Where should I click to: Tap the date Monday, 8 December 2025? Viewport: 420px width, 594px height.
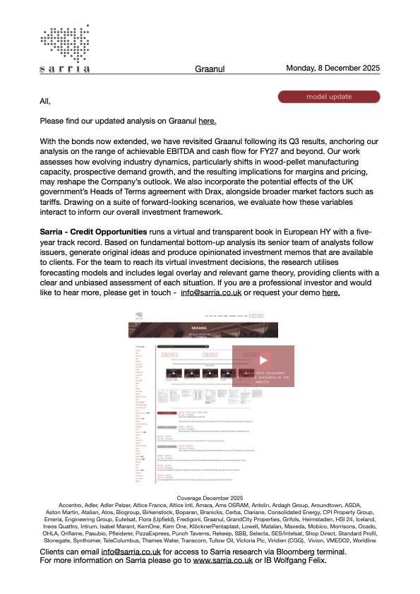click(332, 69)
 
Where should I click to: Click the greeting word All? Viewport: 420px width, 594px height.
click(45, 102)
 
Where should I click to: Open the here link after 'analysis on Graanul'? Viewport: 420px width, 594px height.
click(207, 121)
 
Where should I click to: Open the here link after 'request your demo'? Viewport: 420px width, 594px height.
click(331, 292)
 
